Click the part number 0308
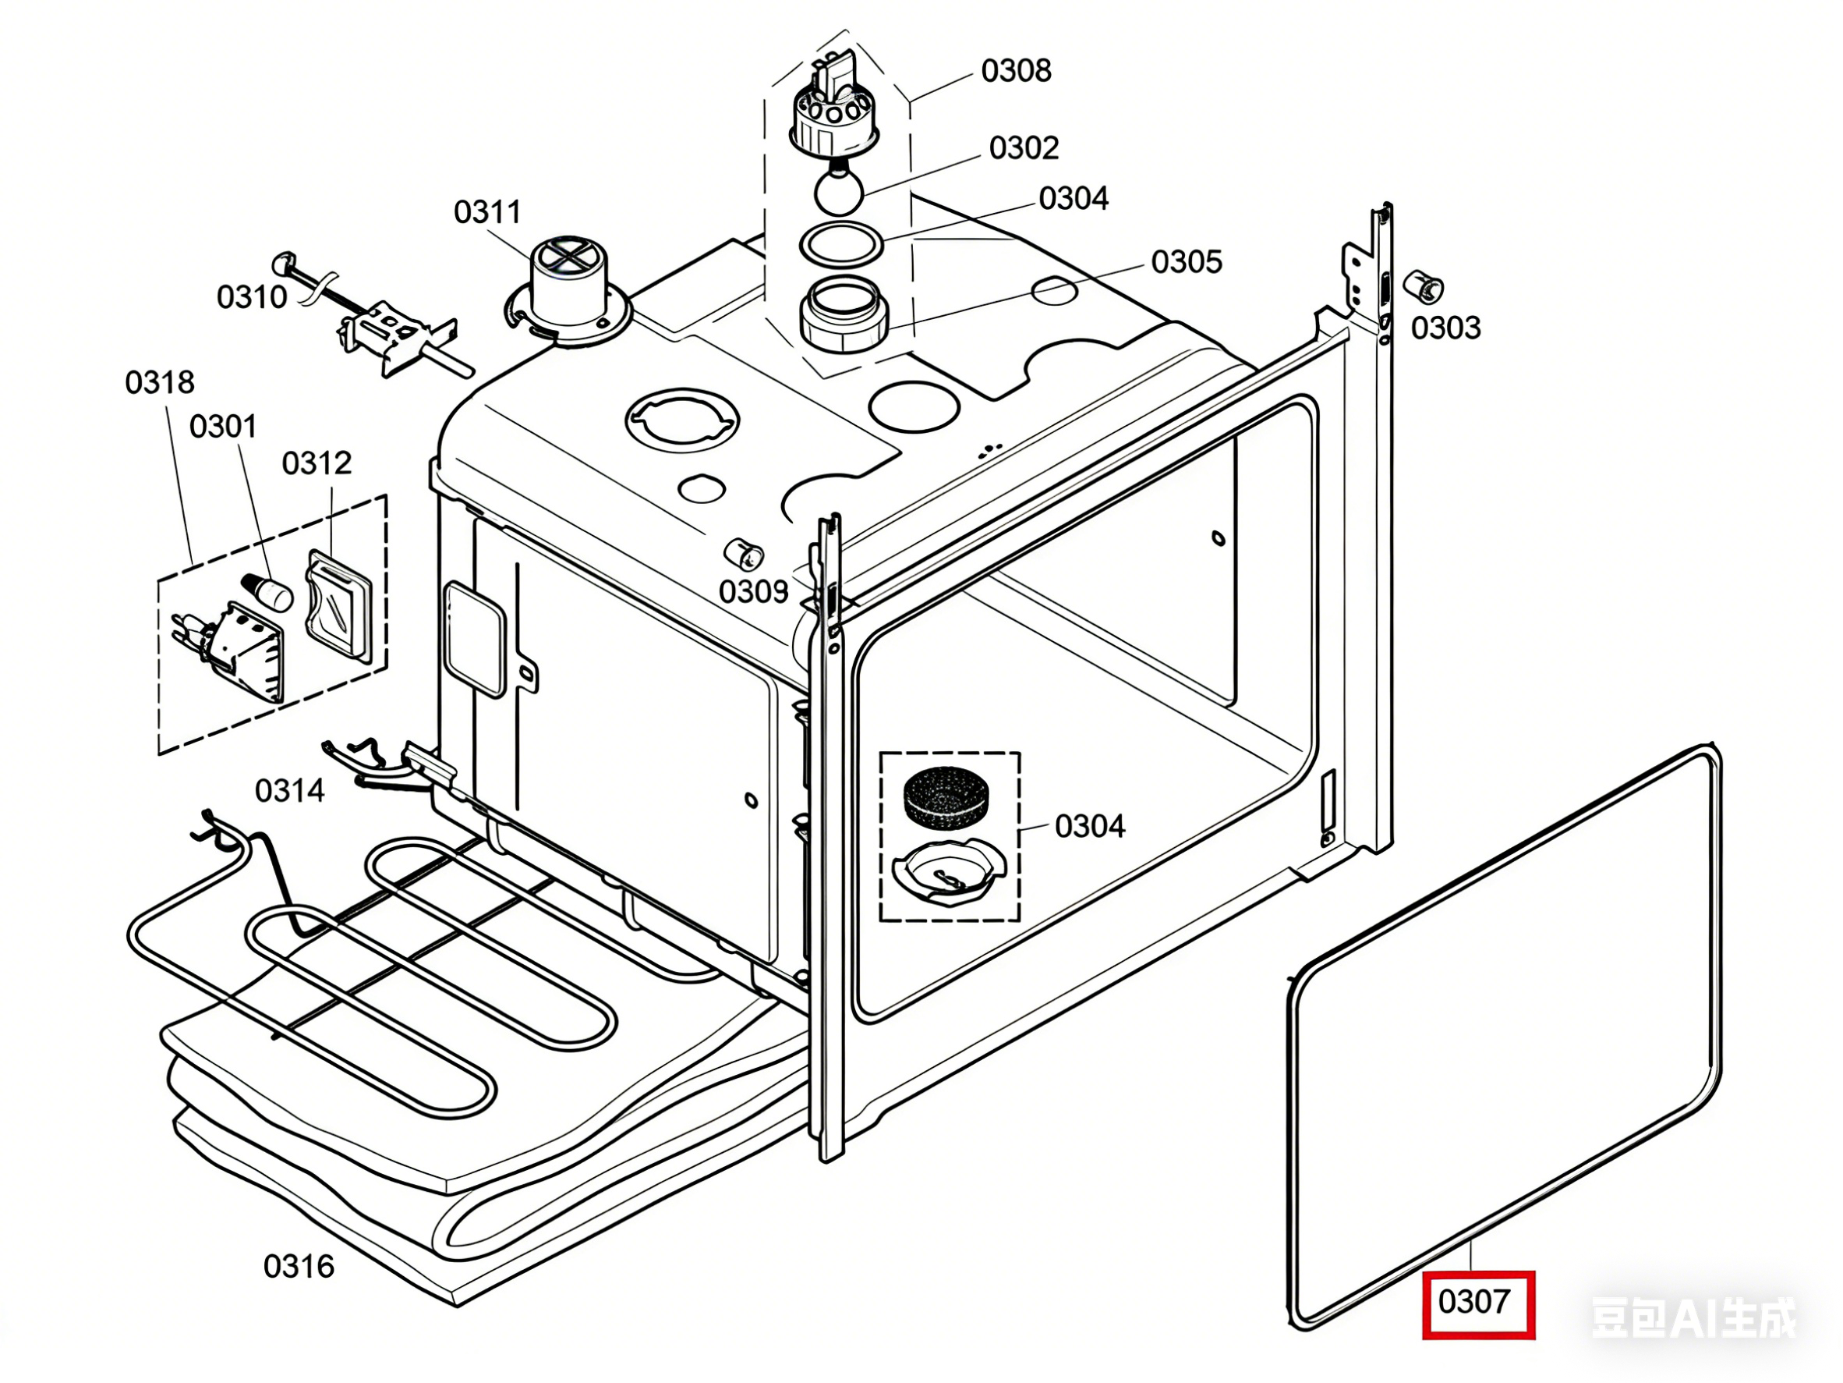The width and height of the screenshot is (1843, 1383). (1016, 71)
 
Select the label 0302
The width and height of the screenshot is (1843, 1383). (1024, 147)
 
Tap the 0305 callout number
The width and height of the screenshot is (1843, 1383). (1187, 262)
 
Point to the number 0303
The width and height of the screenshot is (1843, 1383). (1445, 328)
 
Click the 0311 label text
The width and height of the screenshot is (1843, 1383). (487, 211)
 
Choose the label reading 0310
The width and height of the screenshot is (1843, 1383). (252, 296)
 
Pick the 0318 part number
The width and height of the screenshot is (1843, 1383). (159, 381)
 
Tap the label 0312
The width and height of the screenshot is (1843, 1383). (317, 463)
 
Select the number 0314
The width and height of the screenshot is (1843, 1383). (290, 790)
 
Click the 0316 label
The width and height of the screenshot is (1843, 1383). (299, 1266)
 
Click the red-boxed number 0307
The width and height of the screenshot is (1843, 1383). (1475, 1301)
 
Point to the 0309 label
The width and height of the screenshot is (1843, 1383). (753, 591)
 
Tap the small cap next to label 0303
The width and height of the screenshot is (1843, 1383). (1423, 287)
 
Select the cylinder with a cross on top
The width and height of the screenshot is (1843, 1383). (568, 283)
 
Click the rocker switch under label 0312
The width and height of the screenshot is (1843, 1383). (338, 605)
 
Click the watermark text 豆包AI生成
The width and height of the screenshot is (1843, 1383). (1693, 1319)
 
